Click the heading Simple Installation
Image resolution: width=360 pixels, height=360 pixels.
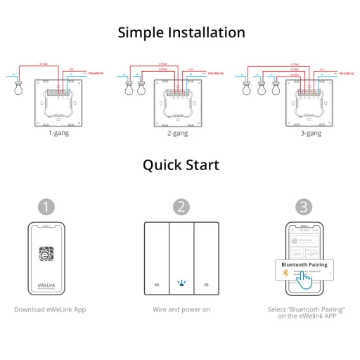point(181,32)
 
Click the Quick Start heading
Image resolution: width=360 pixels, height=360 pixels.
point(181,165)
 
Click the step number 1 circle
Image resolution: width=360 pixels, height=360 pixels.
point(46,207)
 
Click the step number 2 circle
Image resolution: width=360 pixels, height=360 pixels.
point(181,207)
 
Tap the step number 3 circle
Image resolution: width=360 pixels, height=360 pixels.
point(302,207)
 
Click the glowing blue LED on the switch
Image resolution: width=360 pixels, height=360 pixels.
point(181,285)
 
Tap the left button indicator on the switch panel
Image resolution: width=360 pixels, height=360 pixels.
point(156,286)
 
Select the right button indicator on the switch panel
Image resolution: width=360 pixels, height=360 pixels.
point(206,286)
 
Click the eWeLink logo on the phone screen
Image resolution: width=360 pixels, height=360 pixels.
point(46,254)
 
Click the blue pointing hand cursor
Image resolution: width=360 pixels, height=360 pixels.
point(304,279)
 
